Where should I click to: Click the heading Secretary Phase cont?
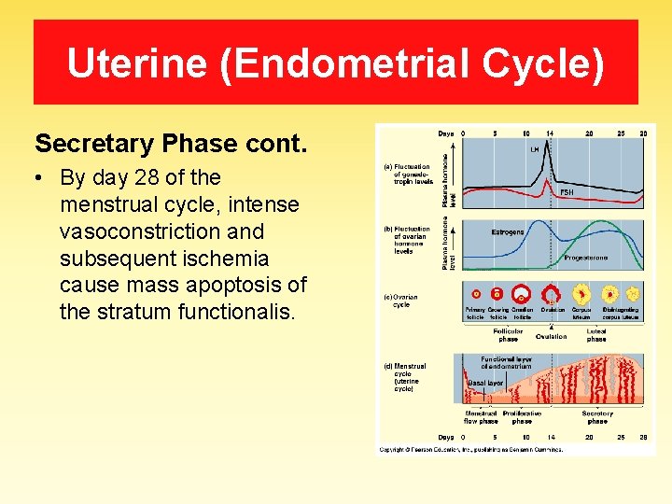pyautogui.click(x=171, y=144)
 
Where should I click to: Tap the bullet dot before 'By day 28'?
pyautogui.click(x=42, y=177)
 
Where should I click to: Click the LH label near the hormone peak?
pyautogui.click(x=534, y=149)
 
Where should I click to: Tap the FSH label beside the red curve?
pyautogui.click(x=566, y=191)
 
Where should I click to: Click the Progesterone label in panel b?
pyautogui.click(x=585, y=258)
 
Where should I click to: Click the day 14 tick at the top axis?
pyautogui.click(x=550, y=133)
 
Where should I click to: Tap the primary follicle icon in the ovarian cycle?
pyautogui.click(x=476, y=294)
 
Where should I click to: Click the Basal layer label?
pyautogui.click(x=485, y=383)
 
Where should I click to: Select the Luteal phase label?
pyautogui.click(x=596, y=334)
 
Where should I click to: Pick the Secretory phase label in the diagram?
pyautogui.click(x=596, y=416)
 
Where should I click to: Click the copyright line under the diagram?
pyautogui.click(x=470, y=449)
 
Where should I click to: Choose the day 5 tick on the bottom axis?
pyautogui.click(x=495, y=437)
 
